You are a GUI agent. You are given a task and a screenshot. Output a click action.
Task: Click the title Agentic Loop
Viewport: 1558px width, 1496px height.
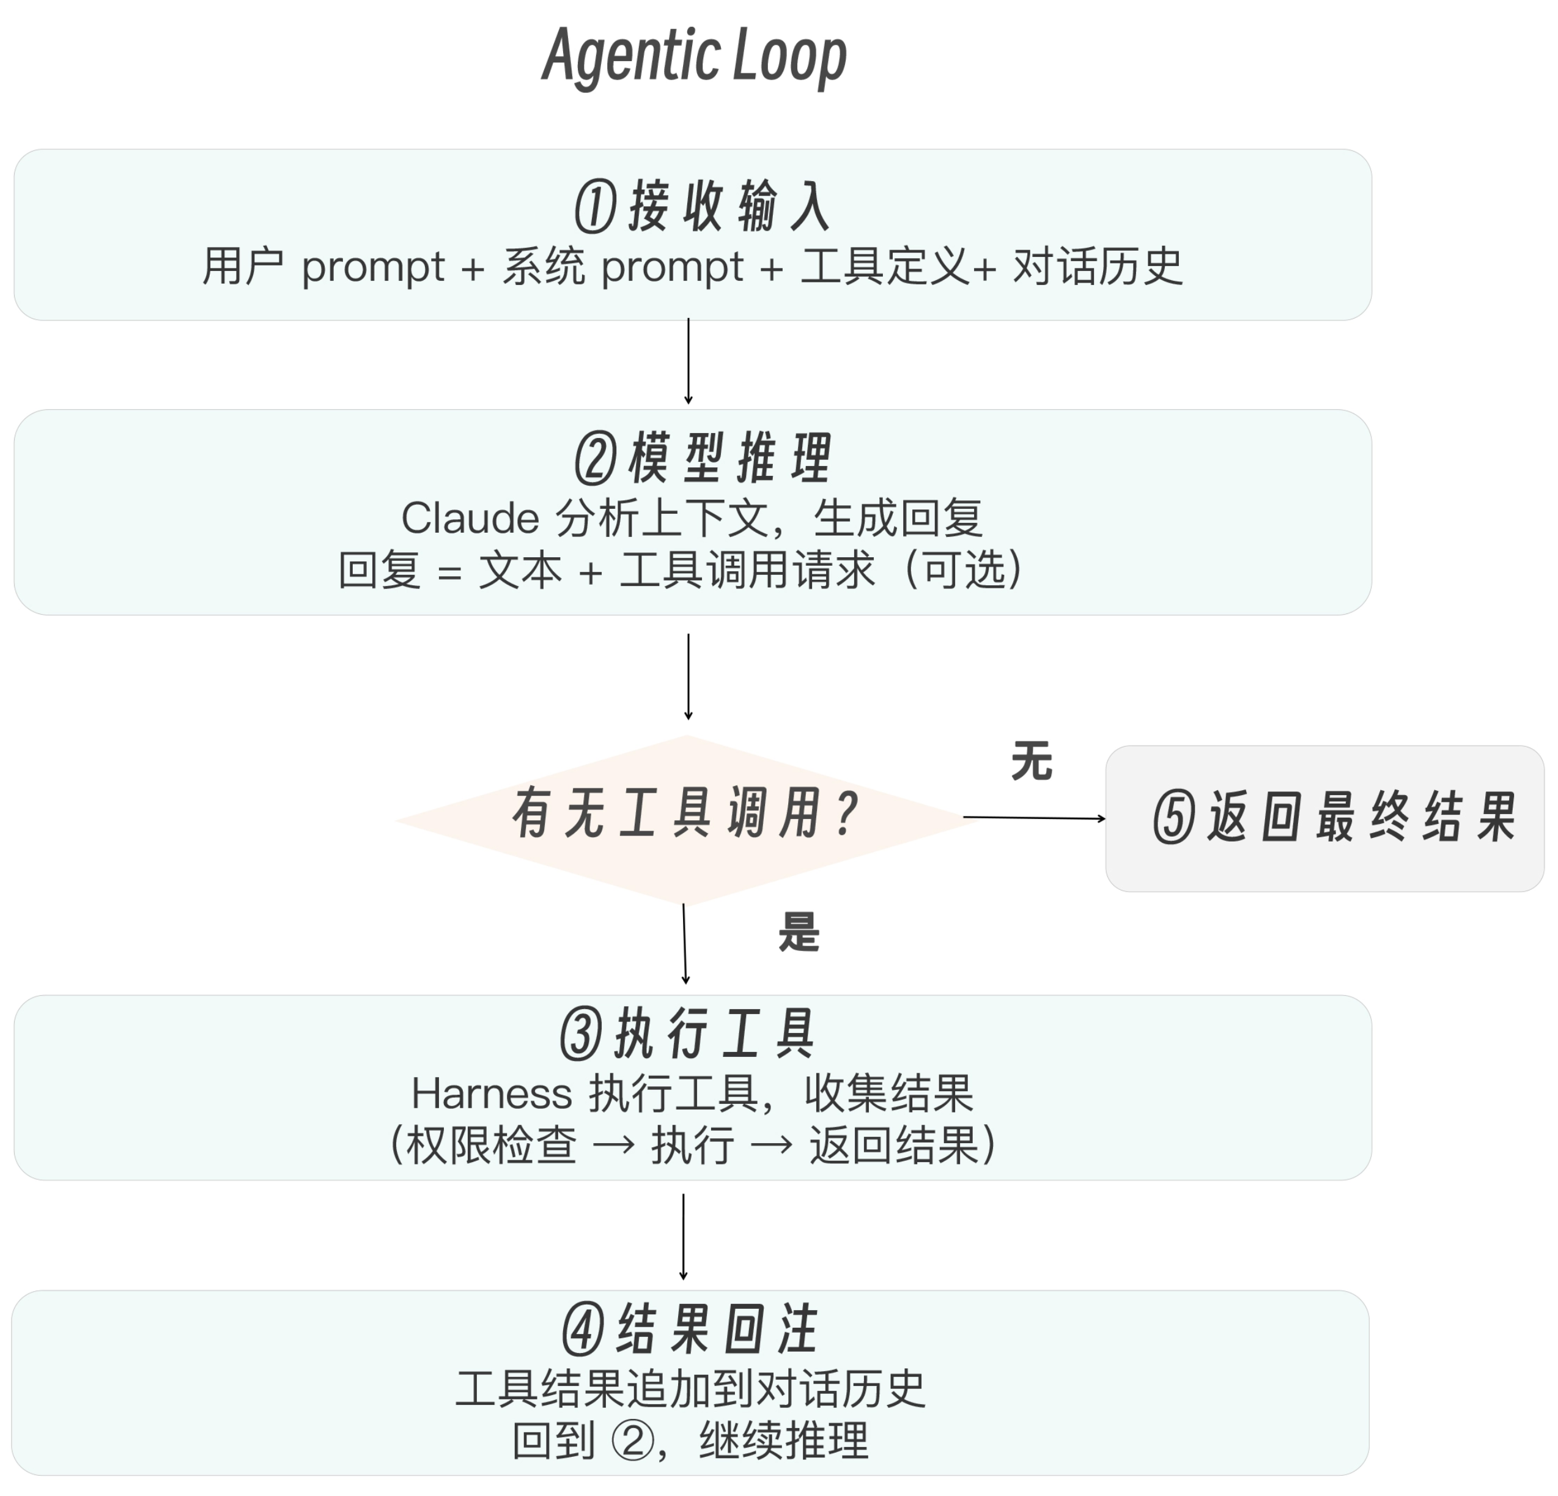tap(694, 56)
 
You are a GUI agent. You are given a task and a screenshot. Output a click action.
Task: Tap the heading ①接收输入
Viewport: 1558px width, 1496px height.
tap(703, 206)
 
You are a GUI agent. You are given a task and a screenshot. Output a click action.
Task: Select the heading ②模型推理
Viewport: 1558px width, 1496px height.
tap(703, 459)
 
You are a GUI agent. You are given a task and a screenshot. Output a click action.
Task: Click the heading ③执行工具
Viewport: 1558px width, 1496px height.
tap(689, 1034)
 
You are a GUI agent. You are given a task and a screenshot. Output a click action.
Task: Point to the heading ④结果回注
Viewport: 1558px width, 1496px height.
tap(690, 1328)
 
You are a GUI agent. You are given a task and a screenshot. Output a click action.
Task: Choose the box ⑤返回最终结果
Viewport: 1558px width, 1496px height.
tap(1324, 818)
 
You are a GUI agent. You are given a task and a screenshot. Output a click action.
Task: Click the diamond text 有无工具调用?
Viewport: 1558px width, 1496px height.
tap(685, 814)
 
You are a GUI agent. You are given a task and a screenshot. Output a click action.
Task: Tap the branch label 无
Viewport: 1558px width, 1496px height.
tap(1031, 761)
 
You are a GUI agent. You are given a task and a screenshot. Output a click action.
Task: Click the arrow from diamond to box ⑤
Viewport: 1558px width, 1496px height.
tap(1033, 817)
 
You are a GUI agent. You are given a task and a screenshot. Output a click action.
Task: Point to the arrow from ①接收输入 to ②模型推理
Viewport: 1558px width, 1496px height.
tap(689, 361)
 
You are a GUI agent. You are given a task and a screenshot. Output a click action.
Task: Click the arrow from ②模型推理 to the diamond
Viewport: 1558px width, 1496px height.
tap(689, 676)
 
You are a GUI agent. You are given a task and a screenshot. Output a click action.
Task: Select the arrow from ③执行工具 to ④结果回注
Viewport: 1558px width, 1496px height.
tap(683, 1236)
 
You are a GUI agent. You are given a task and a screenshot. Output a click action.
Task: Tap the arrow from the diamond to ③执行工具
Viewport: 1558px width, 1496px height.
tap(684, 944)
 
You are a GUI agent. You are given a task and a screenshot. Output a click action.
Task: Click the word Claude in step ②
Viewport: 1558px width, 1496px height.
tap(470, 518)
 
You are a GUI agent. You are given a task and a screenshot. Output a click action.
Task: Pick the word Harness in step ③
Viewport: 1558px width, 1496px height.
tap(491, 1093)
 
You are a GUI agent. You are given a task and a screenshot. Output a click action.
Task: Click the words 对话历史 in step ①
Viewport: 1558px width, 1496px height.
tap(1098, 266)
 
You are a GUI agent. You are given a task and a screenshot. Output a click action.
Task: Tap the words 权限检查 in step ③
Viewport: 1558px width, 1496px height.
tap(490, 1146)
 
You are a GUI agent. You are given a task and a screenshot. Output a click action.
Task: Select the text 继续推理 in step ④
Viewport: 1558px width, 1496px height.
tap(784, 1440)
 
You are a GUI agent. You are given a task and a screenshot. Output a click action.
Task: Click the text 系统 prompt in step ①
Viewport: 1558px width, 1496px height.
tap(622, 266)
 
